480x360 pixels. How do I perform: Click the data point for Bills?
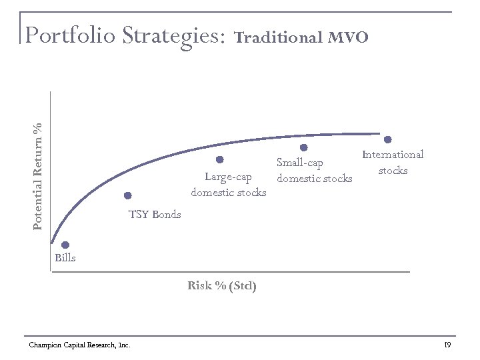65,245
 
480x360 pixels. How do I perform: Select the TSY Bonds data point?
127,195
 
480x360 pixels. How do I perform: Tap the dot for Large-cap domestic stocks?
219,159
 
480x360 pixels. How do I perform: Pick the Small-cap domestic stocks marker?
303,147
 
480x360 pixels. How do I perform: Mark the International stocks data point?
388,139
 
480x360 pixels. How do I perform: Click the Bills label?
65,258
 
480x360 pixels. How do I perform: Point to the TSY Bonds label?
155,215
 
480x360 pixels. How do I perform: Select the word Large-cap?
229,177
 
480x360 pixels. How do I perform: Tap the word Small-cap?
300,163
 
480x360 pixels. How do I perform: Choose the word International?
393,155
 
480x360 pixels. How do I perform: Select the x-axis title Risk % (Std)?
222,286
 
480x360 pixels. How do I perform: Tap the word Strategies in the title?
172,36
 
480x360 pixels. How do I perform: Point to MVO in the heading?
348,37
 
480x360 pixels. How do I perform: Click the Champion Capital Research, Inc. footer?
79,345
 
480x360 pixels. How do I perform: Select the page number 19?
447,345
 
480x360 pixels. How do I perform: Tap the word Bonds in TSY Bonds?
166,215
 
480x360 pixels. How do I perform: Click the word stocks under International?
393,171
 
